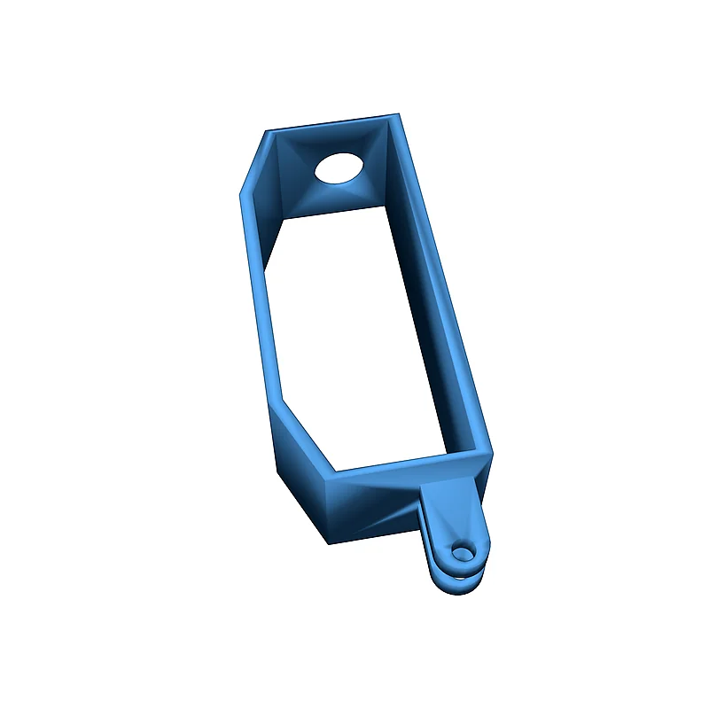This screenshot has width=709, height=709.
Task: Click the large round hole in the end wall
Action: tap(340, 167)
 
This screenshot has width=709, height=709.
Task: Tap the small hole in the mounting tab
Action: tap(463, 552)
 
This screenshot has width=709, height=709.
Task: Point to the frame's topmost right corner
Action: tap(398, 114)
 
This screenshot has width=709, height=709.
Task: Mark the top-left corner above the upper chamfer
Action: tap(268, 132)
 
